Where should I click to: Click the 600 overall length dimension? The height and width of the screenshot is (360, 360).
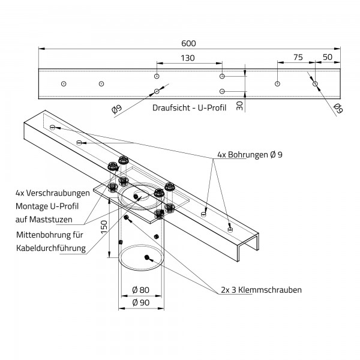[x=190, y=43]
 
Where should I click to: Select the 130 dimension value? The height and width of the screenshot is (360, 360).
[x=187, y=58]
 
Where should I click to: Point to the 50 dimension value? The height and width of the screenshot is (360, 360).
[x=328, y=58]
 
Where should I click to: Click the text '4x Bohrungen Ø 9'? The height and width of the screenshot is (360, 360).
[x=247, y=155]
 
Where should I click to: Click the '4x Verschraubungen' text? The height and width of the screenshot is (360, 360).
[x=53, y=193]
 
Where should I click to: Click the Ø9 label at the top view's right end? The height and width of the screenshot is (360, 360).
[x=338, y=108]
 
